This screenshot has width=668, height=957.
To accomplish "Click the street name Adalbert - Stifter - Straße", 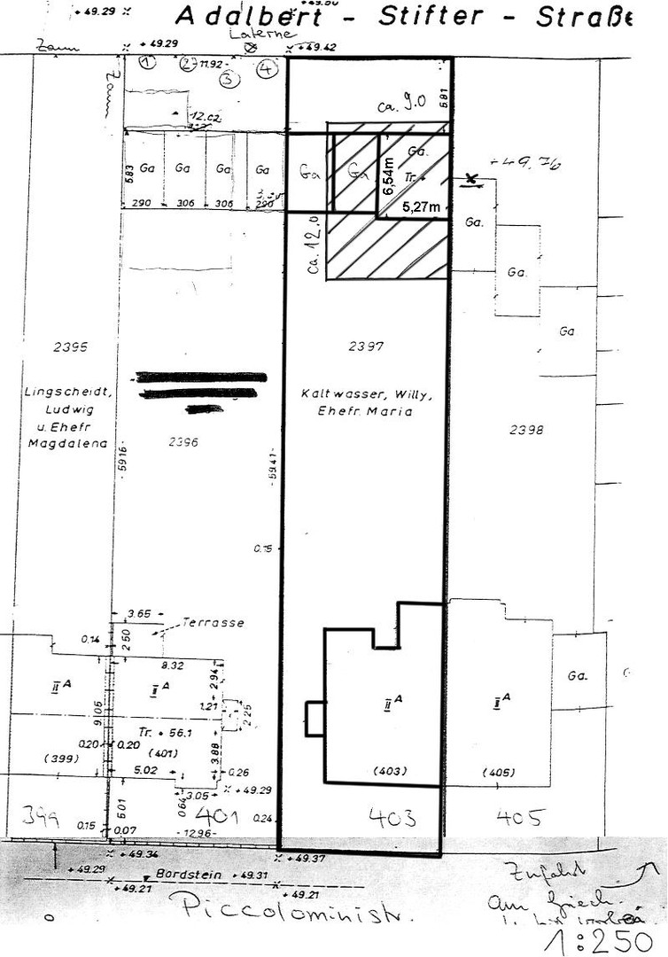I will tap(403, 16).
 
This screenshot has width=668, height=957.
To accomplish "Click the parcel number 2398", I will tap(526, 430).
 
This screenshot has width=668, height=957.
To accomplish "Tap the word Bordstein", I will tap(182, 873).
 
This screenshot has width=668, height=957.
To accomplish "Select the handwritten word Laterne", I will tap(250, 34).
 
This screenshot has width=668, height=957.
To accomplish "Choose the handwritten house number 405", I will tap(518, 816).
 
